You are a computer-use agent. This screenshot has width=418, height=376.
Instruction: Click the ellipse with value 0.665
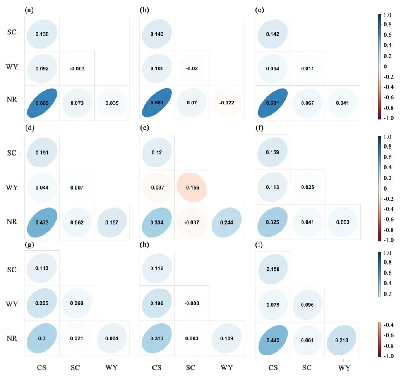tap(42, 103)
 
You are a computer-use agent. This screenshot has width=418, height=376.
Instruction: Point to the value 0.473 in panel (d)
tap(42, 222)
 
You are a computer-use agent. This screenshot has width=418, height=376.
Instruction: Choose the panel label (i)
tap(260, 245)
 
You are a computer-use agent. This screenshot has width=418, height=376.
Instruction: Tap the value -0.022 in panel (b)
tap(226, 103)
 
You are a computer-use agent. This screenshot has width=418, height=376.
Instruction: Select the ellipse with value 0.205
tap(42, 304)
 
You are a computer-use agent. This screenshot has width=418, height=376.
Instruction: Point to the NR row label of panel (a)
tap(12, 103)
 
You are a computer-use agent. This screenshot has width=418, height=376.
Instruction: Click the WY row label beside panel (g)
tap(12, 304)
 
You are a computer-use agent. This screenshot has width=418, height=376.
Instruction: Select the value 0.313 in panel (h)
tap(157, 338)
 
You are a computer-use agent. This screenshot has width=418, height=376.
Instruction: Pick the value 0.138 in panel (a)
tap(42, 34)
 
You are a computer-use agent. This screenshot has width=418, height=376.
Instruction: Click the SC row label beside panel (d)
tap(12, 153)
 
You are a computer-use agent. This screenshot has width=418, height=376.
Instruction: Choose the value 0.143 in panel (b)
tap(157, 34)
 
